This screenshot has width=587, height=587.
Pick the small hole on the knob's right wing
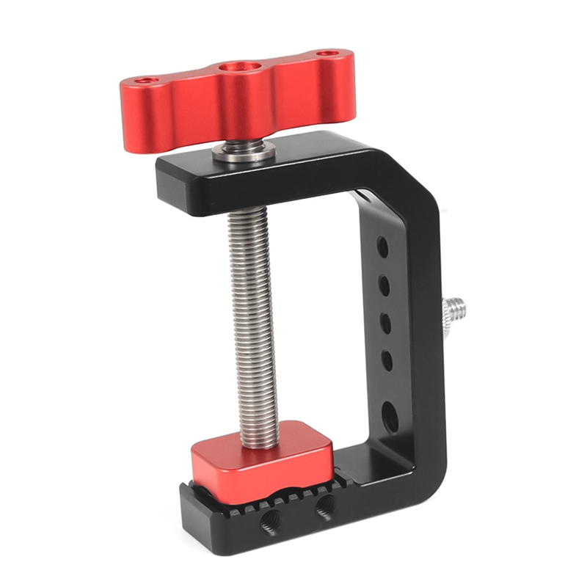pos(327,54)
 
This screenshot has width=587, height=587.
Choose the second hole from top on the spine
pos(384,283)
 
